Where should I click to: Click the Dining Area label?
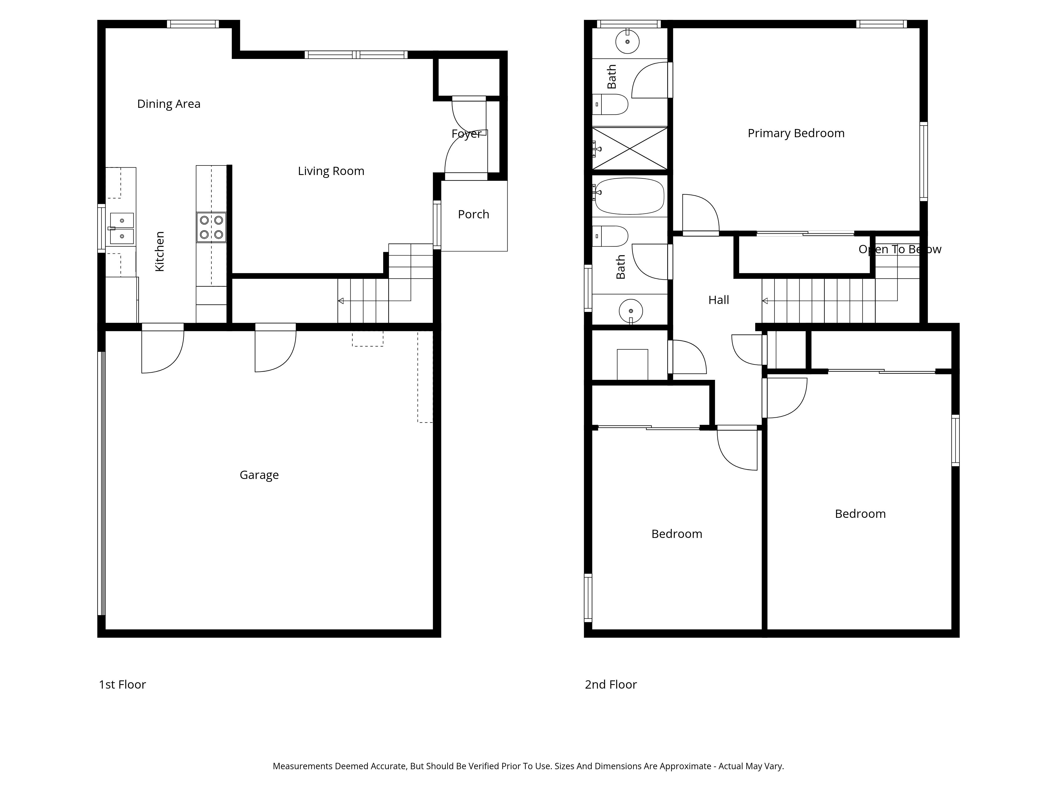[169, 104]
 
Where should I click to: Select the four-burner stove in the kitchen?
[211, 227]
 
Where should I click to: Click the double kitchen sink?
[122, 228]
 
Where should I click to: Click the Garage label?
[259, 475]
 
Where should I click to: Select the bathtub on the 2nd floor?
[630, 196]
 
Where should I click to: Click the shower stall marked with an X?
[630, 148]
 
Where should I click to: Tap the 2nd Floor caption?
[611, 685]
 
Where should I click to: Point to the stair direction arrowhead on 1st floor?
[341, 301]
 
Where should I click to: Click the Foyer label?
[466, 134]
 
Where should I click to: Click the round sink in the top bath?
[627, 42]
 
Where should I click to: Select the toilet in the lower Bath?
[612, 236]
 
